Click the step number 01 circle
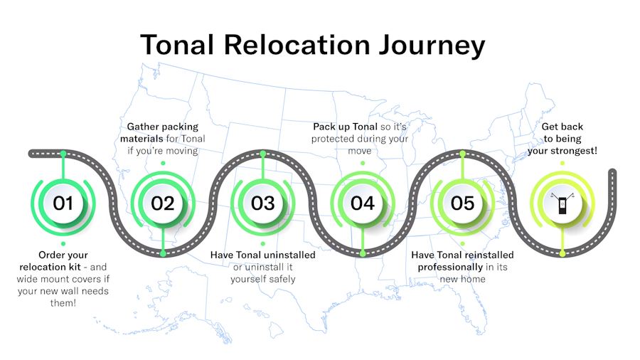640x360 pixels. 63,203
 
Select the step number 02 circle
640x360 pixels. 163,203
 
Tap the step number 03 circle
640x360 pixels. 263,203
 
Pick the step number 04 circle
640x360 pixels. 363,203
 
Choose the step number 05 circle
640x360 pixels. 462,203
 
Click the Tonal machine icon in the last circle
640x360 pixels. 562,203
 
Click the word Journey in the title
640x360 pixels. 432,46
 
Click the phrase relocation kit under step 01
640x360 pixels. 50,267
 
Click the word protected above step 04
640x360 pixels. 338,139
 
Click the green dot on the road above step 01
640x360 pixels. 63,154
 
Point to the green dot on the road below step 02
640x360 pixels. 163,253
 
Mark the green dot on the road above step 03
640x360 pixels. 263,154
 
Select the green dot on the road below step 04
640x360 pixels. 363,253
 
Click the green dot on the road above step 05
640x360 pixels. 462,154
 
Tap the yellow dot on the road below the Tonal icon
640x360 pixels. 562,253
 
